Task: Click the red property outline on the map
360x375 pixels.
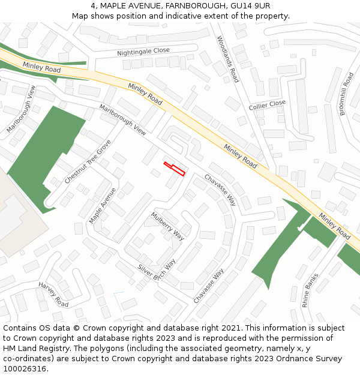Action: click(x=175, y=169)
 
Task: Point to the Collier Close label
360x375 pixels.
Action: click(x=267, y=105)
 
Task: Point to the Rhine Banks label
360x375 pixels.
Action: click(x=311, y=290)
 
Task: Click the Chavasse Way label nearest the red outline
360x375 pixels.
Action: click(x=220, y=190)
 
